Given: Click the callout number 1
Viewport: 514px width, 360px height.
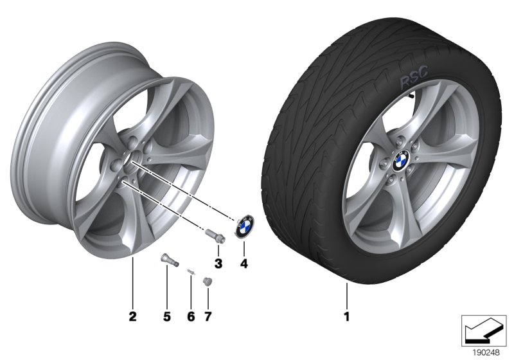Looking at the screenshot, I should (x=346, y=316).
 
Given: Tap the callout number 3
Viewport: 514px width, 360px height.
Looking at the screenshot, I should (x=218, y=263).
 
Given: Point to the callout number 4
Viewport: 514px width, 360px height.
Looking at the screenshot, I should (x=243, y=263).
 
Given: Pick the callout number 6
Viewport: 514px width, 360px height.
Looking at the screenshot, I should (x=191, y=316).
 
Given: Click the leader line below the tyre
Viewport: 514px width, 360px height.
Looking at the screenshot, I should (x=346, y=292).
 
